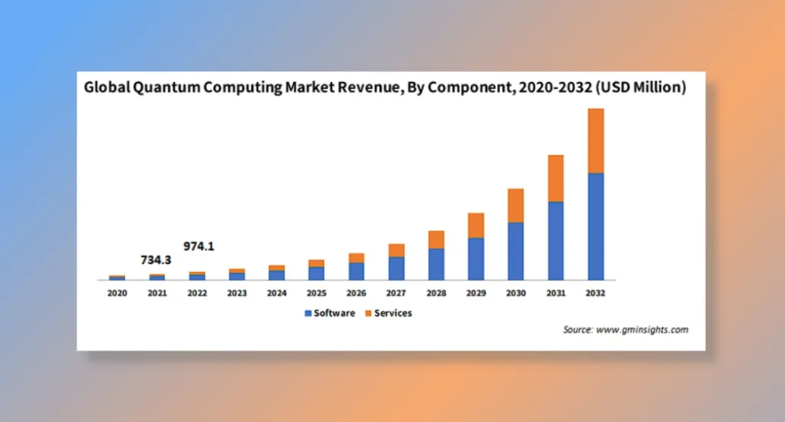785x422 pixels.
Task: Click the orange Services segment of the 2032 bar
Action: click(x=596, y=140)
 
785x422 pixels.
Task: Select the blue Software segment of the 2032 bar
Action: click(x=596, y=226)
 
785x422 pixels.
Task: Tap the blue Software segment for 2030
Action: click(x=515, y=251)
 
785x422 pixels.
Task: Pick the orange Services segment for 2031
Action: click(x=556, y=178)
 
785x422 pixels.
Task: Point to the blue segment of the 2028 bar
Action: click(x=436, y=264)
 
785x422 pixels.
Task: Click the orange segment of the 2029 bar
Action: click(x=476, y=225)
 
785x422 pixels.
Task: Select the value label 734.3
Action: click(x=156, y=260)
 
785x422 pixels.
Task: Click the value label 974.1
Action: click(x=198, y=246)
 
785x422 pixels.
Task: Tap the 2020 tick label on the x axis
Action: click(x=117, y=293)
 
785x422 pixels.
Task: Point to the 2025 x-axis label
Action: click(x=317, y=293)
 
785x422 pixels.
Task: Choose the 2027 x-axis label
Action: click(x=396, y=293)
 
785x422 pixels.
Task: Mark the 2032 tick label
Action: click(x=596, y=293)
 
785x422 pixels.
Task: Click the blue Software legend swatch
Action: click(x=308, y=313)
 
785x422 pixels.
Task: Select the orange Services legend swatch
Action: click(x=368, y=313)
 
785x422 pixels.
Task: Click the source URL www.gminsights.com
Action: click(x=642, y=330)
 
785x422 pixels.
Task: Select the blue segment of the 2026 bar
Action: click(x=356, y=271)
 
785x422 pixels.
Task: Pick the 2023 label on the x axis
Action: click(x=237, y=293)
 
